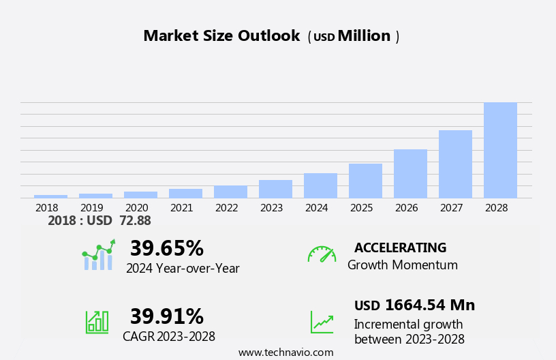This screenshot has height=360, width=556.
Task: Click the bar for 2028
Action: coord(500,150)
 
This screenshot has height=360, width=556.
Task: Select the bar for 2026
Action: coord(410,174)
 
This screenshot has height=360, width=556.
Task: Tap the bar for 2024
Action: coord(320,185)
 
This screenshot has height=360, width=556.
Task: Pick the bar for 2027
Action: coord(455,164)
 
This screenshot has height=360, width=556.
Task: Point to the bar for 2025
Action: coord(365,181)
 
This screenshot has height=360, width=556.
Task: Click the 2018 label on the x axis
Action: coord(47,207)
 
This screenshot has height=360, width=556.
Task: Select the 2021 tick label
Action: coord(182,207)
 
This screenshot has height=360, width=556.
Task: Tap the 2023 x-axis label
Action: coord(272,207)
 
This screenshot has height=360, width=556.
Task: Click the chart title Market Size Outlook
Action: coord(221,36)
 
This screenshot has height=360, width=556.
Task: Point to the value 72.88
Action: coord(134,221)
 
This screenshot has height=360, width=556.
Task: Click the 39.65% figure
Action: coord(166,248)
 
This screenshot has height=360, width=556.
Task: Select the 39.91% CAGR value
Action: coord(166,316)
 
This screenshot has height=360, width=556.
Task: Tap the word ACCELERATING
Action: coord(400,248)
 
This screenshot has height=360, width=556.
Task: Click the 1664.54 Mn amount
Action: coord(429,305)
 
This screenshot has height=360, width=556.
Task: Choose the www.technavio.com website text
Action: coord(285,352)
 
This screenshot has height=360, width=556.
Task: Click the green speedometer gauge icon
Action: coord(322,254)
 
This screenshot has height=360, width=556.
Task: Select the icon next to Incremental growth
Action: coord(322,322)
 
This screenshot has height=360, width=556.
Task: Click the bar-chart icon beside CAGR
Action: coord(97,321)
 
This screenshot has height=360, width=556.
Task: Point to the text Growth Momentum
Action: coord(402,265)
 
